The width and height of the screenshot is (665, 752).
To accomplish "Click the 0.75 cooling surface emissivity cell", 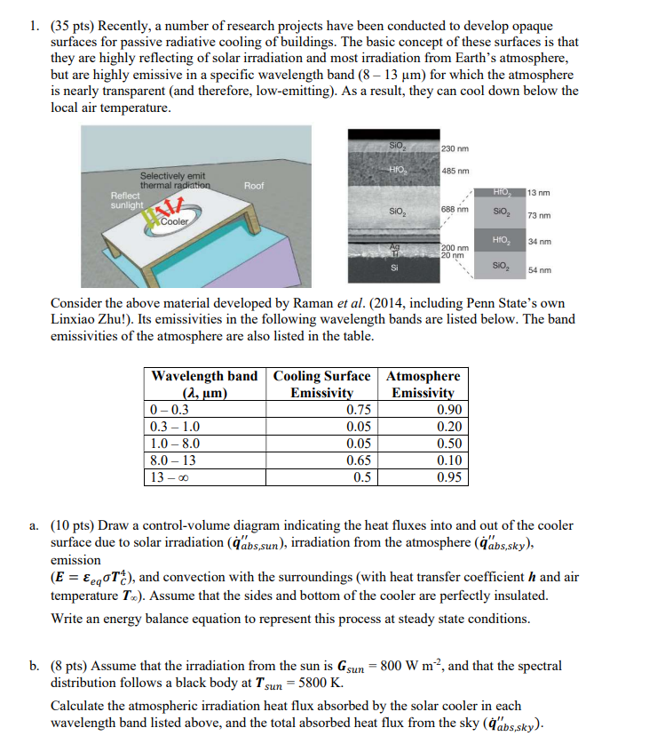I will point(359,410).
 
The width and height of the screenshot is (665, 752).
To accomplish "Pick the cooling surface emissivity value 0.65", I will point(359,460).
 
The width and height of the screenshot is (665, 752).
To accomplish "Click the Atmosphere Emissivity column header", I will point(423,384).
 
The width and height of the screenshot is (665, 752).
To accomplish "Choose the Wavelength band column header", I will point(205,384).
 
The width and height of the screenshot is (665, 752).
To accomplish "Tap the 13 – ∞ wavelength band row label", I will point(171,476).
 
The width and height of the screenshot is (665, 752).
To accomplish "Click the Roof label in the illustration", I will point(254,186).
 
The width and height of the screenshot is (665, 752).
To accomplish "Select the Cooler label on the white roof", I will point(178,221).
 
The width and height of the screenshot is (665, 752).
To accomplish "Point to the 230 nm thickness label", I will point(455,148).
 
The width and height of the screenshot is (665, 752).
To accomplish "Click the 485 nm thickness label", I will point(455,171).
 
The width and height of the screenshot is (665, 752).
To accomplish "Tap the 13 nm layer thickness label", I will point(540,193).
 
